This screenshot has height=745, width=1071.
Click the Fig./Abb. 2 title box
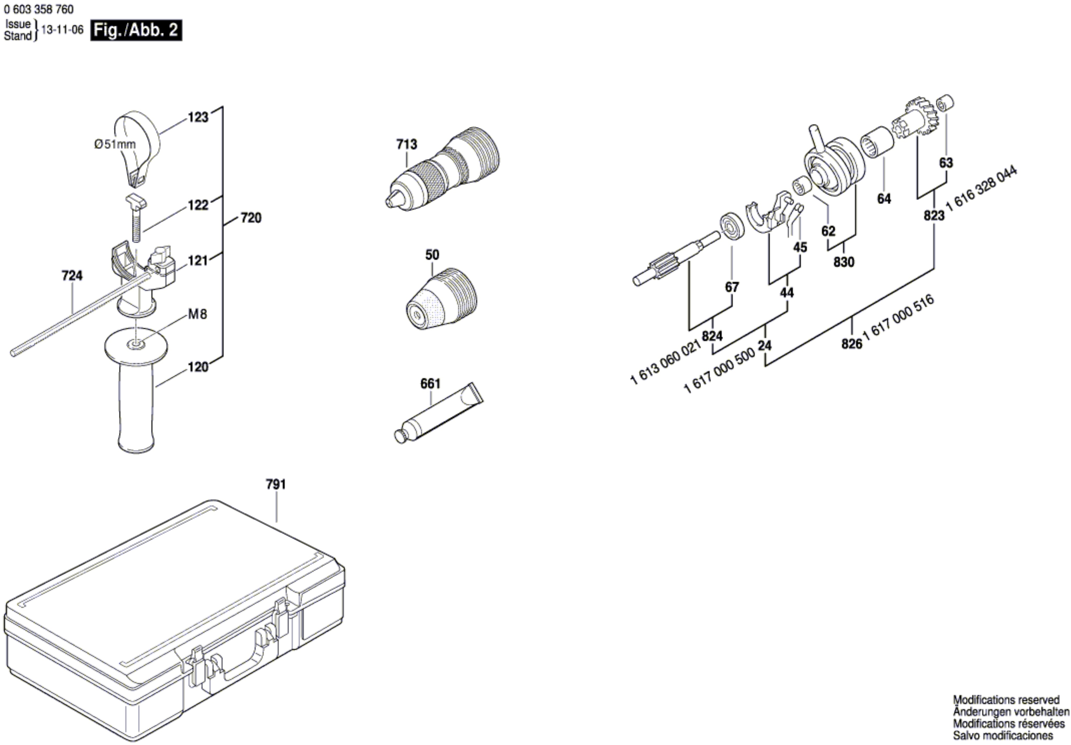click(136, 30)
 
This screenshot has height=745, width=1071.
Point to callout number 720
click(251, 218)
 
